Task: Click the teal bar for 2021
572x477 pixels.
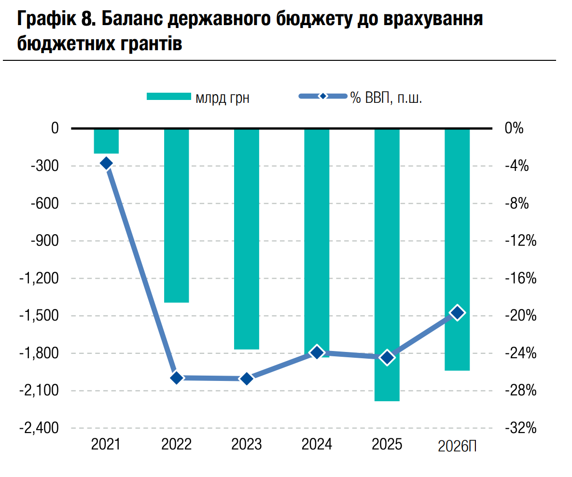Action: click(106, 141)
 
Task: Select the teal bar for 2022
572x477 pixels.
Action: click(176, 215)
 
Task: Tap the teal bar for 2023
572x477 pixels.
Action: click(247, 238)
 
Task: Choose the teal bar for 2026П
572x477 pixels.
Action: click(457, 249)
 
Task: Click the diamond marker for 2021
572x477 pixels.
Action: click(106, 164)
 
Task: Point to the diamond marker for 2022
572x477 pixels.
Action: click(176, 378)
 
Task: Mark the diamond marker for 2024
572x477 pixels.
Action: click(317, 352)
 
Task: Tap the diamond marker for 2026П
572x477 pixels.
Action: click(457, 313)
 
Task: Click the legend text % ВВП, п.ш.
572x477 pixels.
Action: click(386, 98)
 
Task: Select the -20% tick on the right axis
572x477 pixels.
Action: click(520, 316)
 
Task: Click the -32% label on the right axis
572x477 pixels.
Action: click(520, 428)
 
